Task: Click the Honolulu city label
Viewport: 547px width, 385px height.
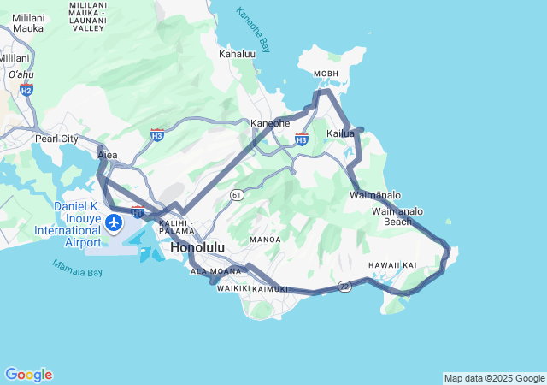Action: click(x=197, y=247)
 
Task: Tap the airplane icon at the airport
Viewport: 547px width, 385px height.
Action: click(x=115, y=223)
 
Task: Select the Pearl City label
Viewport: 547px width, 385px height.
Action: click(x=56, y=139)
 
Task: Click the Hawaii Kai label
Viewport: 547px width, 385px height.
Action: click(x=392, y=265)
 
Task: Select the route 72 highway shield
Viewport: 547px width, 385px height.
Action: click(x=344, y=285)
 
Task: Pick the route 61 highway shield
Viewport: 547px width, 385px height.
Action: click(x=235, y=195)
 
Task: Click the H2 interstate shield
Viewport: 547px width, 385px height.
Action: click(x=26, y=90)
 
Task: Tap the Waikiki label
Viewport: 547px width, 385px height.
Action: click(x=232, y=288)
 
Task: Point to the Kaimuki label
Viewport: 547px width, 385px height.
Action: click(x=271, y=289)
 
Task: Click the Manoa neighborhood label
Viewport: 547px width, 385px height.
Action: click(x=265, y=240)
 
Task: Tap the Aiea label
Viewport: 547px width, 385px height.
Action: click(x=108, y=156)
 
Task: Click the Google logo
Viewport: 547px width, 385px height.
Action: click(x=28, y=375)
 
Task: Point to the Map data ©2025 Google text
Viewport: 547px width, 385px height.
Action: click(x=494, y=378)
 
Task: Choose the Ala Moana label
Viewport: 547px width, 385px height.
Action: click(x=215, y=271)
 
